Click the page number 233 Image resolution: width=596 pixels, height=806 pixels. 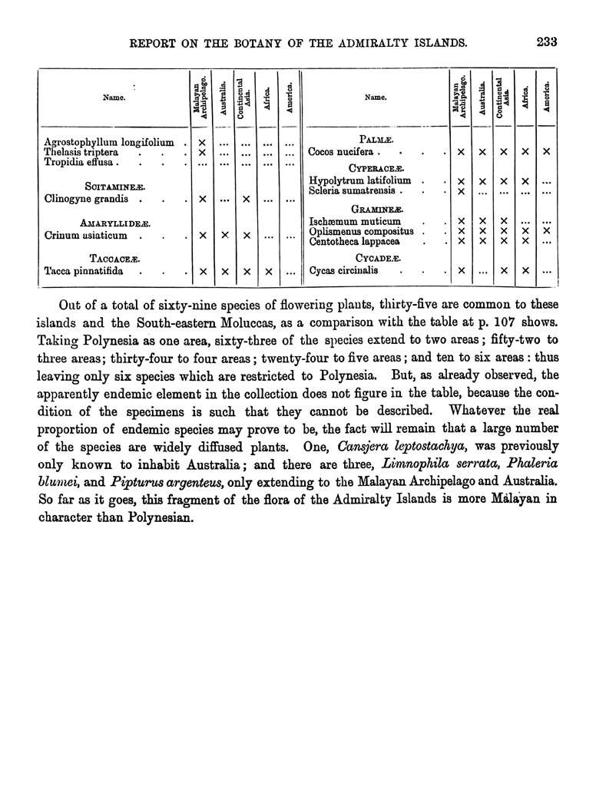pyautogui.click(x=547, y=41)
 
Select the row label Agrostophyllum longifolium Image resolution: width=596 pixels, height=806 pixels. pyautogui.click(x=108, y=142)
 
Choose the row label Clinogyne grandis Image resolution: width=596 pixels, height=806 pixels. pyautogui.click(x=86, y=199)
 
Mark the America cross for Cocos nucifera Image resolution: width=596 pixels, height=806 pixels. pyautogui.click(x=547, y=152)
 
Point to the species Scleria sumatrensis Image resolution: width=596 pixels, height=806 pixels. pyautogui.click(x=352, y=190)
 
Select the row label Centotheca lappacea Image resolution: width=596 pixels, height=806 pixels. pyautogui.click(x=354, y=242)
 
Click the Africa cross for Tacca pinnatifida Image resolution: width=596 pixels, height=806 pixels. pyautogui.click(x=267, y=271)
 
